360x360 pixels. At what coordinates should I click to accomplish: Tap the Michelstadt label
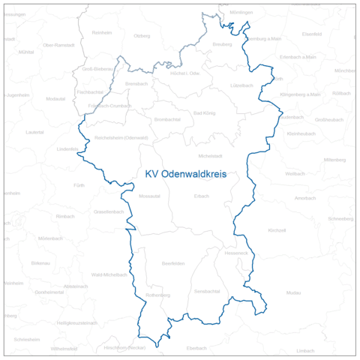coord(210,155)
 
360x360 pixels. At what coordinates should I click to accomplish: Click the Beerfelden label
coord(173,264)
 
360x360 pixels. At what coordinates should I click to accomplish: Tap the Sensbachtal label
coord(206,290)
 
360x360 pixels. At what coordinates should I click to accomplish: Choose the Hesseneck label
coord(235,253)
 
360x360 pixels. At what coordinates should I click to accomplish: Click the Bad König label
coord(204,112)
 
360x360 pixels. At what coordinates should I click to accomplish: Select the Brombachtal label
coord(166,119)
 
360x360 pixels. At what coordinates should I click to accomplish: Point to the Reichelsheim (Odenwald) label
coord(121,138)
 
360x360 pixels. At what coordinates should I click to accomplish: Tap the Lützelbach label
coord(242,85)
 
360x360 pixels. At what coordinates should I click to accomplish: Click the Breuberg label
coord(222,44)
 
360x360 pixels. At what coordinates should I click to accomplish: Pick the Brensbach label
coord(137,83)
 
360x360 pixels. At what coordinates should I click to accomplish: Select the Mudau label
coord(293,292)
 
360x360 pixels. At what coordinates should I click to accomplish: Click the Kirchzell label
coord(277,230)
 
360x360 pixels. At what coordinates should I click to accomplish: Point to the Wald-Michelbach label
coord(109,274)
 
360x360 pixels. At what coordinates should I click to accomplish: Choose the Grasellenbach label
coord(109,212)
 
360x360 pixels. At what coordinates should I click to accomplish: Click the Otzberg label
coord(141,36)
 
